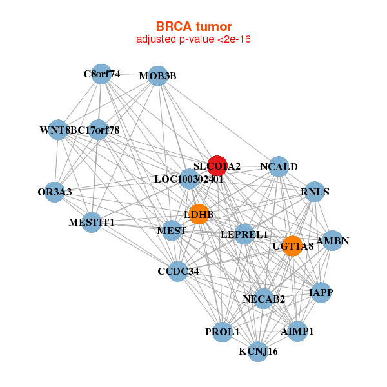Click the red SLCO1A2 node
pos(217,166)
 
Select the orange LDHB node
pos(199,214)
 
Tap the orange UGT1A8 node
pos(292,246)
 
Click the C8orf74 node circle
pos(101,74)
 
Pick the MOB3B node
pos(158,76)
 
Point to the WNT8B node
pos(58,130)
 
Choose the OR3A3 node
pos(55,192)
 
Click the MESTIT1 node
pos(92,223)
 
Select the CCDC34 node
pos(178,272)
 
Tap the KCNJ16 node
pos(258,352)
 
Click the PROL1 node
pos(223,332)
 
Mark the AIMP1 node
pos(297,332)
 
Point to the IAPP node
pos(321,292)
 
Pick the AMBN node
pos(332,241)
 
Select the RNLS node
pos(315,192)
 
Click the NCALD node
pos(279,166)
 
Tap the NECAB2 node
pos(264,299)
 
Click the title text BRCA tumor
pos(193,26)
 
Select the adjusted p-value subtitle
pos(193,39)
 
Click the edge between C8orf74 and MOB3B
pos(130,75)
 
